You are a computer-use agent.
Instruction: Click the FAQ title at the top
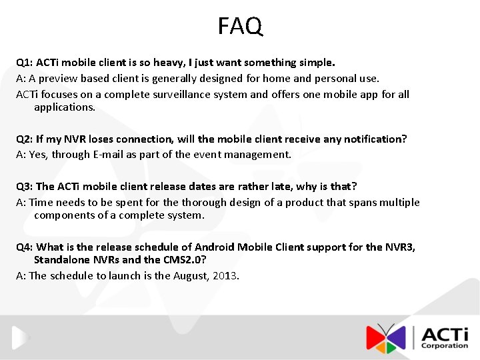coord(240,26)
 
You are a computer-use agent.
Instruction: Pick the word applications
coord(65,107)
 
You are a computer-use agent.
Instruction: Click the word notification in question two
coord(370,139)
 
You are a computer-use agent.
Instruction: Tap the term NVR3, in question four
coord(400,247)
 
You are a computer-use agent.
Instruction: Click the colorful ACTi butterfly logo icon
coord(386,338)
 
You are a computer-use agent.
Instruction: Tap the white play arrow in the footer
coord(21,338)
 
